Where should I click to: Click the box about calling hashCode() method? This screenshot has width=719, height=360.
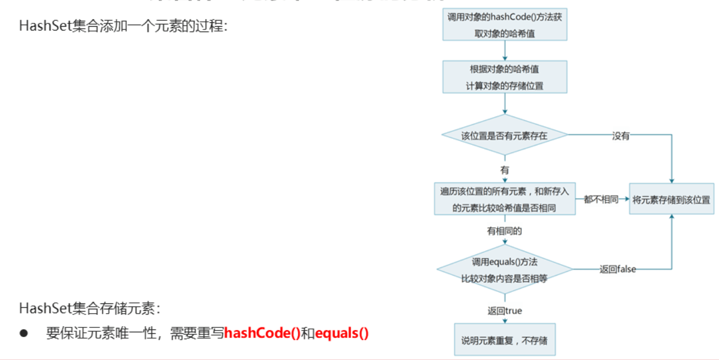505,25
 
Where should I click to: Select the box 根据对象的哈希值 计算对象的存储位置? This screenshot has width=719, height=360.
505,77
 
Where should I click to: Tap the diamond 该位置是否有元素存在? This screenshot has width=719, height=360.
505,136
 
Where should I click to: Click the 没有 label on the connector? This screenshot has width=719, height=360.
620,136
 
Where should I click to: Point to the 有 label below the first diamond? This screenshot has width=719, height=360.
505,170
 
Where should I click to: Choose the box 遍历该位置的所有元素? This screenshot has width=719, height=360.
505,199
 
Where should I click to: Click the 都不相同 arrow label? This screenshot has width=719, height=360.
601,200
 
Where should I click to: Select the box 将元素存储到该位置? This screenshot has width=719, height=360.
672,200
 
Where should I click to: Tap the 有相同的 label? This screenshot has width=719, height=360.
505,231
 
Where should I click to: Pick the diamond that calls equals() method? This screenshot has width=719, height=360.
505,270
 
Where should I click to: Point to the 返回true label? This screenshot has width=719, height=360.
505,310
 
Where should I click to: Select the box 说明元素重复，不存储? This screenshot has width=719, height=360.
505,340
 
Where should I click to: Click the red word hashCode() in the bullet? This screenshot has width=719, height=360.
262,333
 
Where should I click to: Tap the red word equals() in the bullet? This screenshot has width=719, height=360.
342,333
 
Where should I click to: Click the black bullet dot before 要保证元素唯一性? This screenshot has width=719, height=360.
23,333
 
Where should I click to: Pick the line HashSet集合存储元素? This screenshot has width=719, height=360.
90,308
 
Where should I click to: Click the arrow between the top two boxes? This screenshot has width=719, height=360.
505,50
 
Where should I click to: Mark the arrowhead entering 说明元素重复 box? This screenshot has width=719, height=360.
505,321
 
